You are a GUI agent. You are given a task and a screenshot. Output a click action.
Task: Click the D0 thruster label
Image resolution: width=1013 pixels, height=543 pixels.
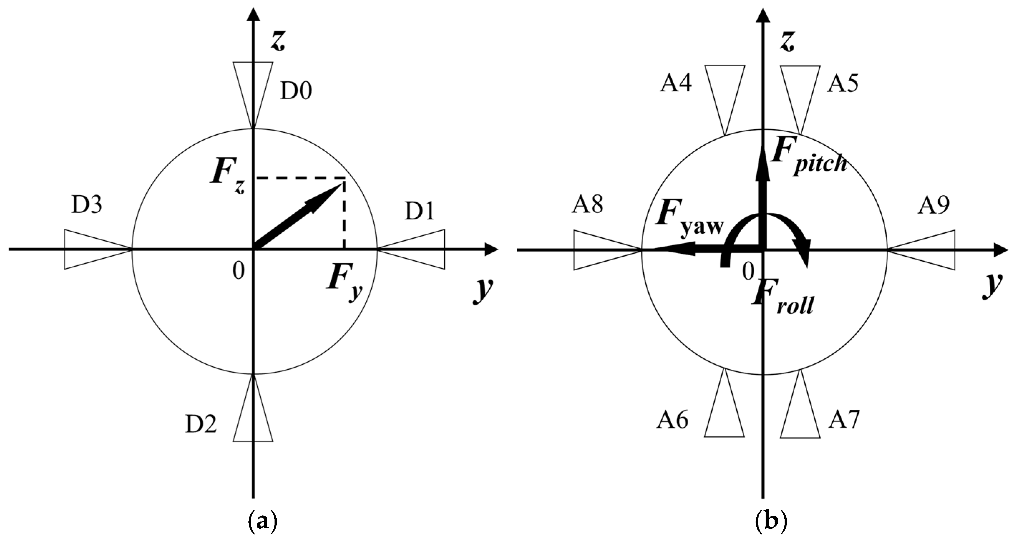coord(296,91)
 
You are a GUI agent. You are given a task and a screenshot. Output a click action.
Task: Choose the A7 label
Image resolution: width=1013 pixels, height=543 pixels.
coord(844,420)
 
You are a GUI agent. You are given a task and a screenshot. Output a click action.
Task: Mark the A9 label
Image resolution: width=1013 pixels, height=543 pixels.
coord(934,205)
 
